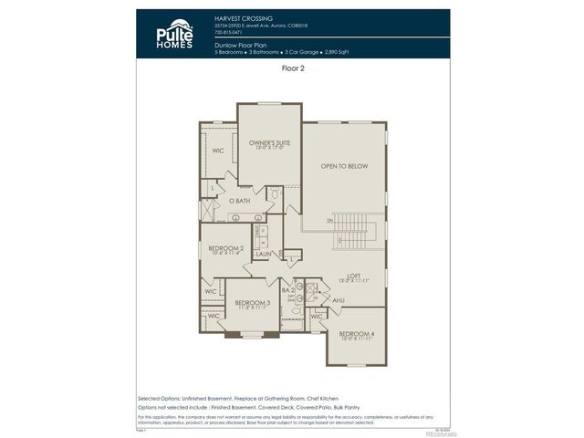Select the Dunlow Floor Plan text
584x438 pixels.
click(240, 44)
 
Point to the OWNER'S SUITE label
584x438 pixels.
click(269, 143)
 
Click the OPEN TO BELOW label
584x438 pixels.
click(344, 166)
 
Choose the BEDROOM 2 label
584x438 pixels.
click(225, 248)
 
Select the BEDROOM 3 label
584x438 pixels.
click(252, 302)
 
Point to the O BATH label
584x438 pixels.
click(240, 201)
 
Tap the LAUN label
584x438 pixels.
click(263, 255)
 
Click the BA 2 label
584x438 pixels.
click(287, 289)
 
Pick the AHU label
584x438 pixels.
click(338, 300)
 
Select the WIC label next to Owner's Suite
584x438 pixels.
click(219, 151)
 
